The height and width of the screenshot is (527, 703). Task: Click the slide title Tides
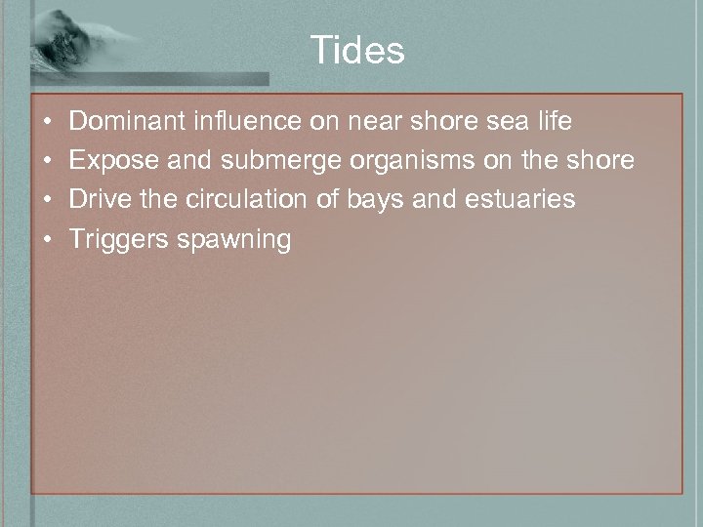357,50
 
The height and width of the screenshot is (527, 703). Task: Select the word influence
235,122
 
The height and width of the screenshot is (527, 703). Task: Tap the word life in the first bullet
554,122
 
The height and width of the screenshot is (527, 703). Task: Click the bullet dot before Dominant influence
48,123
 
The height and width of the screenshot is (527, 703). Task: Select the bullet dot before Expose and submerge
48,161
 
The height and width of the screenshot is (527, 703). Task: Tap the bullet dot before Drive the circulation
48,200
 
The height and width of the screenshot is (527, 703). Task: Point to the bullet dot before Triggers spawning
48,239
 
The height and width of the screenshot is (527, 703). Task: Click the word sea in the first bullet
505,122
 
